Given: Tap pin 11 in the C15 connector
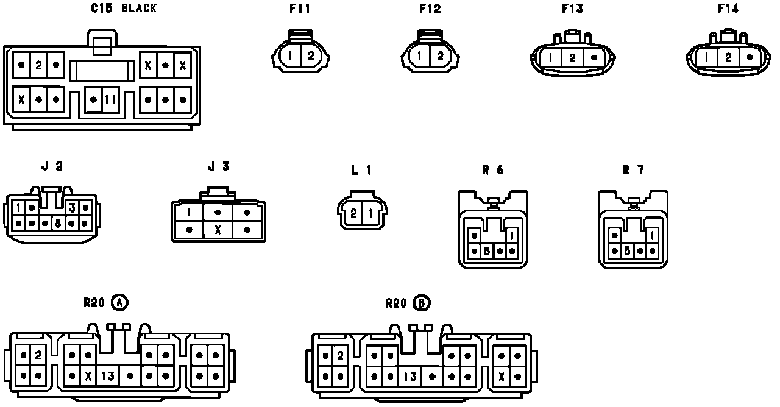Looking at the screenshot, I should (110, 99).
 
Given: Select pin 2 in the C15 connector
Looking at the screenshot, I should (38, 65).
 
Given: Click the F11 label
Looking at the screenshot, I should (301, 9).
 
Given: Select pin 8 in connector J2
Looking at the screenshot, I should (58, 223).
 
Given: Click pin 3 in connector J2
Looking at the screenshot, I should (72, 208).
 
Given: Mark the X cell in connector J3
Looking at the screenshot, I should (218, 230).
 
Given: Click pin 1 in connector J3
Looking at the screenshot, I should (190, 212).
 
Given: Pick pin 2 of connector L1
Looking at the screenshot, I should (354, 213).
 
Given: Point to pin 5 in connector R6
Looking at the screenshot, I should (486, 250).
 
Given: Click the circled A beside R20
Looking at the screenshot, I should (120, 302).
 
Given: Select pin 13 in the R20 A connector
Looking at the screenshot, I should (108, 376).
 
